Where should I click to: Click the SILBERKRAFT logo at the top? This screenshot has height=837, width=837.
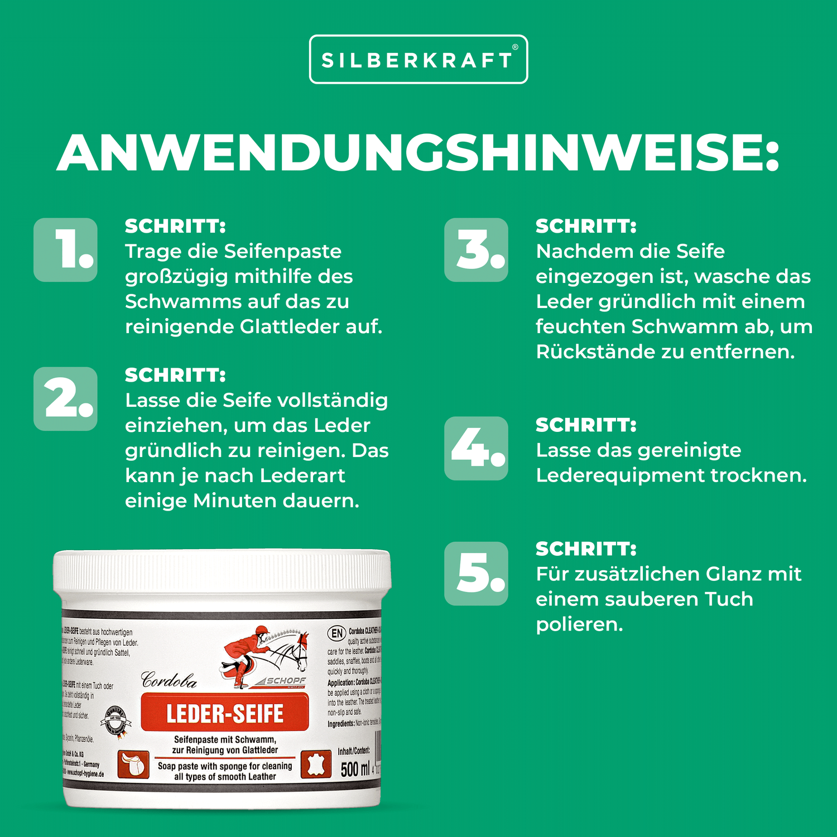419,60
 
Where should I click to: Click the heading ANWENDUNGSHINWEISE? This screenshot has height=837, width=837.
419,152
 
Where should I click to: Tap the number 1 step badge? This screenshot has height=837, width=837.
66,250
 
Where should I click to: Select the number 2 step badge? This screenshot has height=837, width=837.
66,399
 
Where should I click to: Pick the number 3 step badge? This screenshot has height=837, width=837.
476,250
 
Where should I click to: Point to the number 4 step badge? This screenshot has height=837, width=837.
476,448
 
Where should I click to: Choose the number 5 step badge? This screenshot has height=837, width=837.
476,574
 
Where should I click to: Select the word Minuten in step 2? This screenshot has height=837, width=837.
234,501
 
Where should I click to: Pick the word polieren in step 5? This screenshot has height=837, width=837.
579,625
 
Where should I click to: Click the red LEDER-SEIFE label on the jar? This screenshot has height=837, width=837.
225,714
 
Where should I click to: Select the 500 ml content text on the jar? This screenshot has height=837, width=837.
355,769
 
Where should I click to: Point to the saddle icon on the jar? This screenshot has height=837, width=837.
133,764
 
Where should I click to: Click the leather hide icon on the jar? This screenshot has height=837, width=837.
316,764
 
